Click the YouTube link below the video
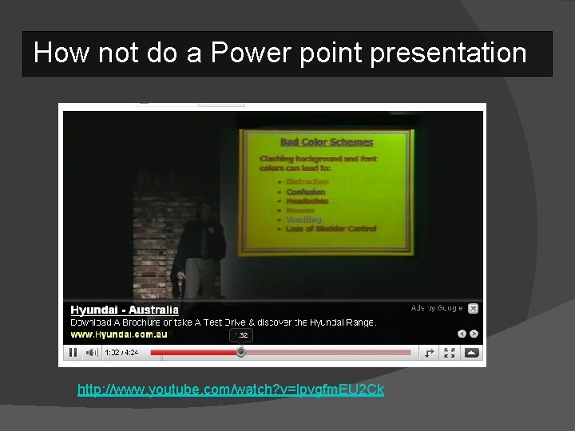click(x=230, y=390)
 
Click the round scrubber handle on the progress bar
click(x=241, y=352)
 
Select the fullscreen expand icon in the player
click(x=450, y=352)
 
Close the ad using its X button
click(x=473, y=308)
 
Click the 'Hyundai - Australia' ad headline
click(x=124, y=310)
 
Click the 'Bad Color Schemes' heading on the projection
click(x=315, y=142)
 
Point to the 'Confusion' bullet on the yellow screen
click(x=306, y=192)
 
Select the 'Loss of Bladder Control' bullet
click(x=331, y=229)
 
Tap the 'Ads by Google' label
click(x=436, y=308)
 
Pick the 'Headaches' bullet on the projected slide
click(x=307, y=201)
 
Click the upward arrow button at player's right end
click(x=472, y=352)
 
